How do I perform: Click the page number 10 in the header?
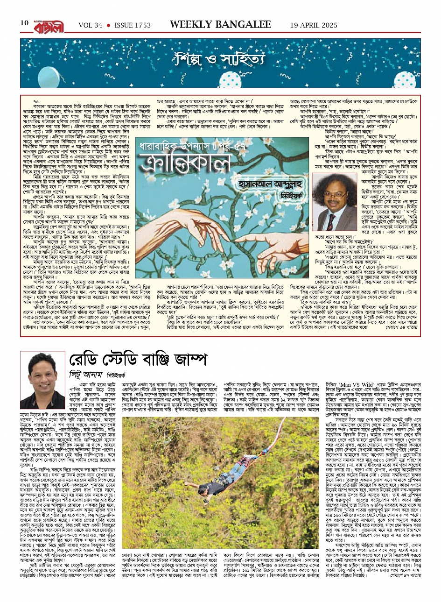pyautogui.click(x=24, y=23)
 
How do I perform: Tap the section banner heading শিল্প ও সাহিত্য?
pyautogui.click(x=219, y=60)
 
